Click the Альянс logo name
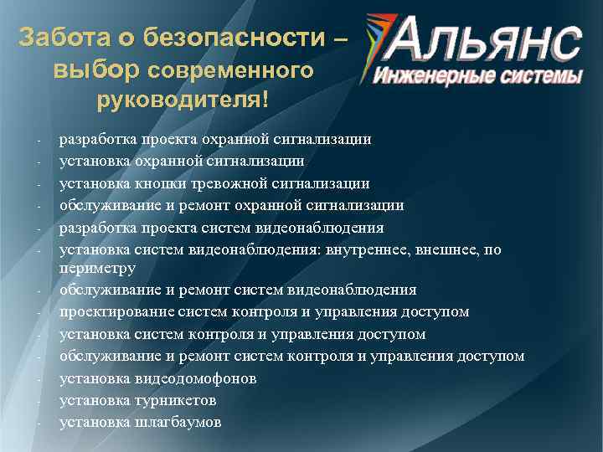tap(486, 40)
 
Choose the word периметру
tap(97, 268)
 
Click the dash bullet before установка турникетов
tap(39, 401)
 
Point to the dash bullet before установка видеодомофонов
tap(39, 379)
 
